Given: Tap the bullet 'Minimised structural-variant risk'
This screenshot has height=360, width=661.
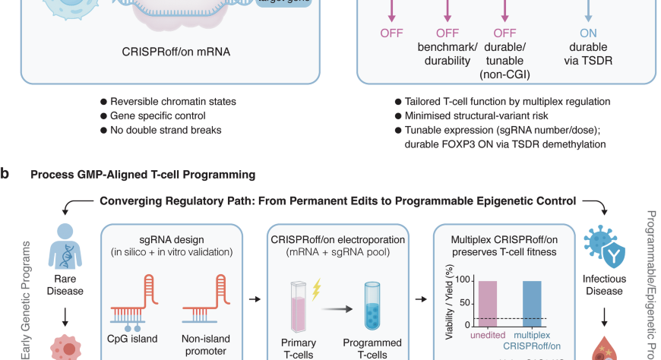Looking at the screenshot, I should coord(479,115).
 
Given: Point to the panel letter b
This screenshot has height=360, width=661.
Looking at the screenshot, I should coord(5,174).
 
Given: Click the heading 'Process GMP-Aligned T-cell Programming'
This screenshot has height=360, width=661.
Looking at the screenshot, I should coord(143,175).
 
